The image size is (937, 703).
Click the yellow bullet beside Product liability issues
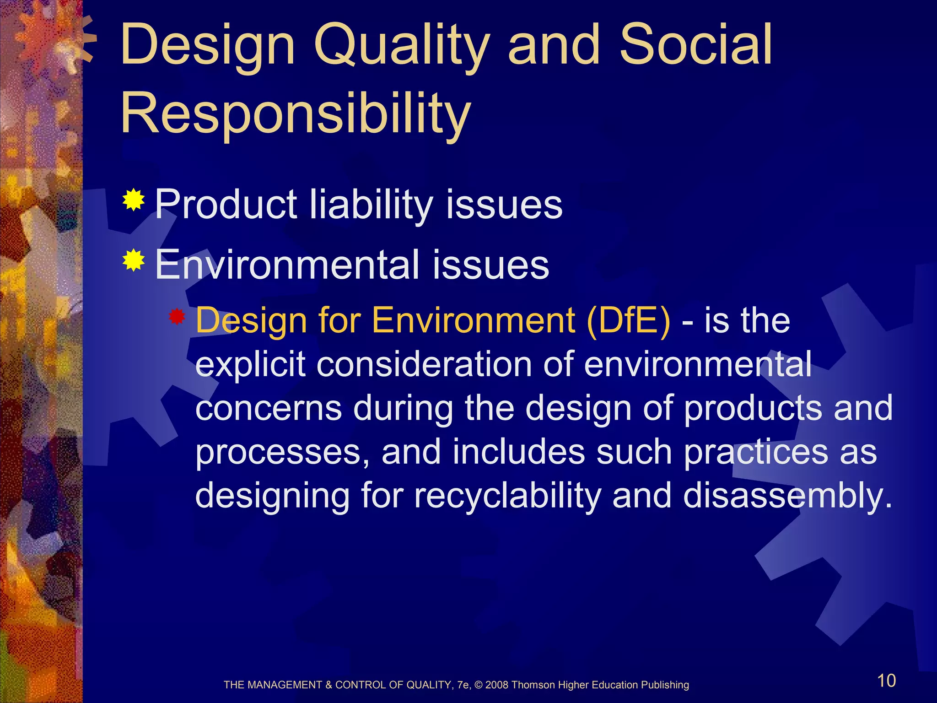pyautogui.click(x=134, y=200)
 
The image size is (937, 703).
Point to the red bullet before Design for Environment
pyautogui.click(x=177, y=316)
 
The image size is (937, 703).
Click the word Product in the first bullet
pyautogui.click(x=226, y=205)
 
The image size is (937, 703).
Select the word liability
pyautogui.click(x=371, y=205)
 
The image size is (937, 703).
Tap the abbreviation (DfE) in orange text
pyautogui.click(x=628, y=320)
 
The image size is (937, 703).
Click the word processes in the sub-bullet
pyautogui.click(x=282, y=452)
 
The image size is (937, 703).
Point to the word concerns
pyautogui.click(x=269, y=408)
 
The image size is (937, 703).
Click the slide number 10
pyautogui.click(x=886, y=681)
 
